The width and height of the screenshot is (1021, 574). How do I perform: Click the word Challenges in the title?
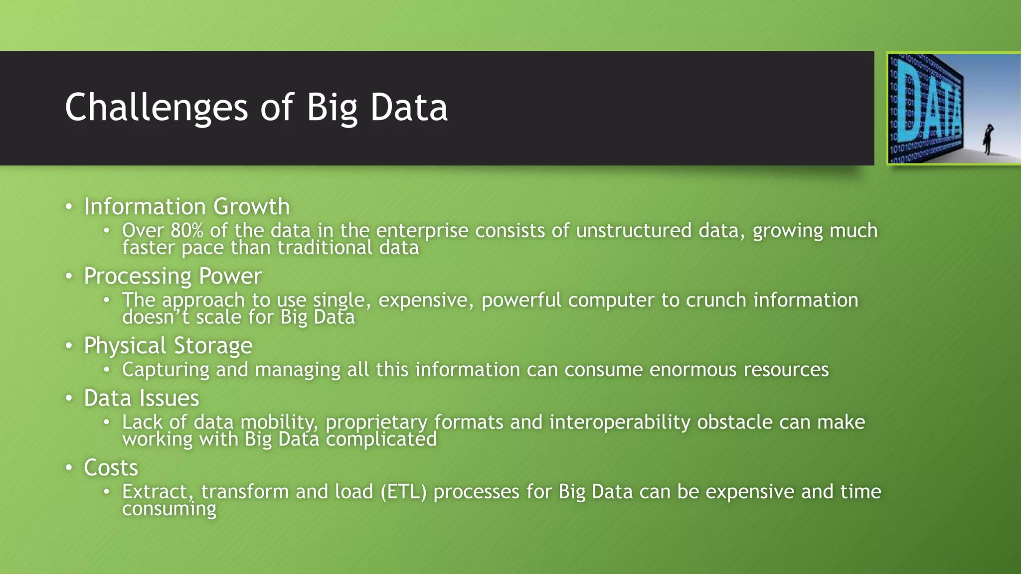pos(156,108)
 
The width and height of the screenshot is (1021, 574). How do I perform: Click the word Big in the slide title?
pos(332,108)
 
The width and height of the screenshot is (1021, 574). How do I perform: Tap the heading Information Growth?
pos(186,206)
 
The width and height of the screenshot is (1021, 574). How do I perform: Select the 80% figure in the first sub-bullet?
pos(187,231)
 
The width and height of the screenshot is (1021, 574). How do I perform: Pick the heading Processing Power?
pos(172,276)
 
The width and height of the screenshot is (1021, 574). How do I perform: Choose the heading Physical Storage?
pos(168,345)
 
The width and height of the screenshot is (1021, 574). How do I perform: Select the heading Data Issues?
pos(141,398)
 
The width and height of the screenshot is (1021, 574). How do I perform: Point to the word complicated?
pos(381,439)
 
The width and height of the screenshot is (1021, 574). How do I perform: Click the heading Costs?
pos(111,468)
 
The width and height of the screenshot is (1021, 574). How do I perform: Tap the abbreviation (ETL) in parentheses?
pos(403,492)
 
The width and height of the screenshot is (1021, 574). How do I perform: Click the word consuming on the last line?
pos(169,509)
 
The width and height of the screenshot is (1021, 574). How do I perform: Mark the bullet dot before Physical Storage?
pos(69,345)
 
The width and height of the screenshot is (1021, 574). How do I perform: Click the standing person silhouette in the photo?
pos(988,140)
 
